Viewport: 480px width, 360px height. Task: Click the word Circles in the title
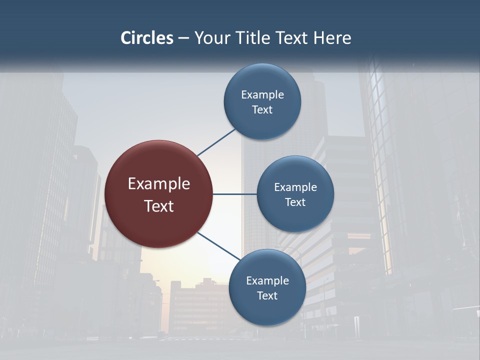pyautogui.click(x=147, y=38)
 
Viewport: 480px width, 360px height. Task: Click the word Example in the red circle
pyautogui.click(x=159, y=184)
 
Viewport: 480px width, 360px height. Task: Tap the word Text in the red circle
pyautogui.click(x=159, y=206)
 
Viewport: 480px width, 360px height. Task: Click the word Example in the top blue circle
pyautogui.click(x=262, y=95)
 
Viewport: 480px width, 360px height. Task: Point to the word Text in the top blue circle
pyautogui.click(x=262, y=110)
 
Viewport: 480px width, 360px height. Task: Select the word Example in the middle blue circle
pyautogui.click(x=295, y=187)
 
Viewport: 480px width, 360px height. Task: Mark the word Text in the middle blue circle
pyautogui.click(x=295, y=202)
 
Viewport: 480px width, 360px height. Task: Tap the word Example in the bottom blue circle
pyautogui.click(x=267, y=281)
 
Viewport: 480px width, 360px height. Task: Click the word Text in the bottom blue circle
pyautogui.click(x=267, y=296)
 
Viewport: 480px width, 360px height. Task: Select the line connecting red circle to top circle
pyautogui.click(x=216, y=142)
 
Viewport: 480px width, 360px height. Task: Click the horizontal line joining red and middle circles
pyautogui.click(x=235, y=194)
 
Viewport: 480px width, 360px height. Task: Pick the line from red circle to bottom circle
pyautogui.click(x=219, y=246)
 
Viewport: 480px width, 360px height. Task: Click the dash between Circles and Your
pyautogui.click(x=183, y=38)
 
